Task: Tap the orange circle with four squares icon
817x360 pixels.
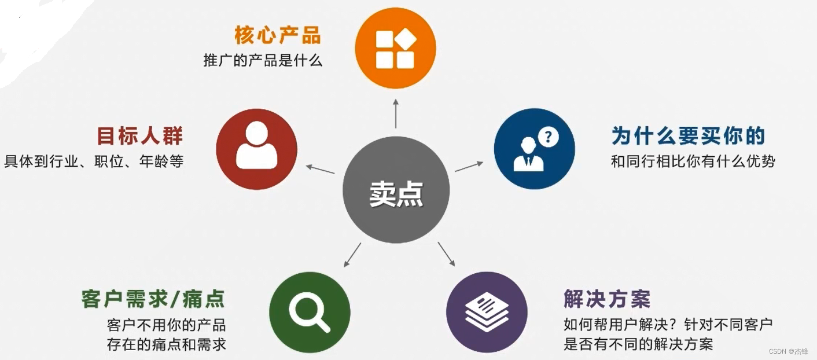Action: pyautogui.click(x=395, y=48)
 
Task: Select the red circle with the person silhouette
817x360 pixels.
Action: pyautogui.click(x=256, y=149)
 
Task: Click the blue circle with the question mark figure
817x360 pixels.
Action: pyautogui.click(x=534, y=149)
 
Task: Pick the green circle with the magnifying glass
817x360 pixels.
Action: pyautogui.click(x=310, y=313)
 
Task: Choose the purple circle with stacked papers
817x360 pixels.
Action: pyautogui.click(x=487, y=313)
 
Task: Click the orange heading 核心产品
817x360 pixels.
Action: pyautogui.click(x=277, y=35)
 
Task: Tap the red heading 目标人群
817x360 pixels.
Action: pyautogui.click(x=139, y=137)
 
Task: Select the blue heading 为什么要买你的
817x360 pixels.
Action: pyautogui.click(x=688, y=137)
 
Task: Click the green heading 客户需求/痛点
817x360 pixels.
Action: pyautogui.click(x=153, y=300)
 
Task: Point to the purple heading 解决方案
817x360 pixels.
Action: pyautogui.click(x=607, y=299)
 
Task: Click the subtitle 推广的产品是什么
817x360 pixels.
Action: pyautogui.click(x=263, y=60)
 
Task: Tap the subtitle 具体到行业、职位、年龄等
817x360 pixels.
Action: pyautogui.click(x=94, y=161)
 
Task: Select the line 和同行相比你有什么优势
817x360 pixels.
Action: pyautogui.click(x=693, y=161)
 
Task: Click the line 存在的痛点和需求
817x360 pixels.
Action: pyautogui.click(x=167, y=345)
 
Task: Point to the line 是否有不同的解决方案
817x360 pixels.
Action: pyautogui.click(x=638, y=345)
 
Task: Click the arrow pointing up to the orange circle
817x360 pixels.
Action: pyautogui.click(x=396, y=113)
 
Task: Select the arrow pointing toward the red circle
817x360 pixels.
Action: pyautogui.click(x=320, y=169)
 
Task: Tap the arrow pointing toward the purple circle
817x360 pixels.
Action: pyautogui.click(x=446, y=254)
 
